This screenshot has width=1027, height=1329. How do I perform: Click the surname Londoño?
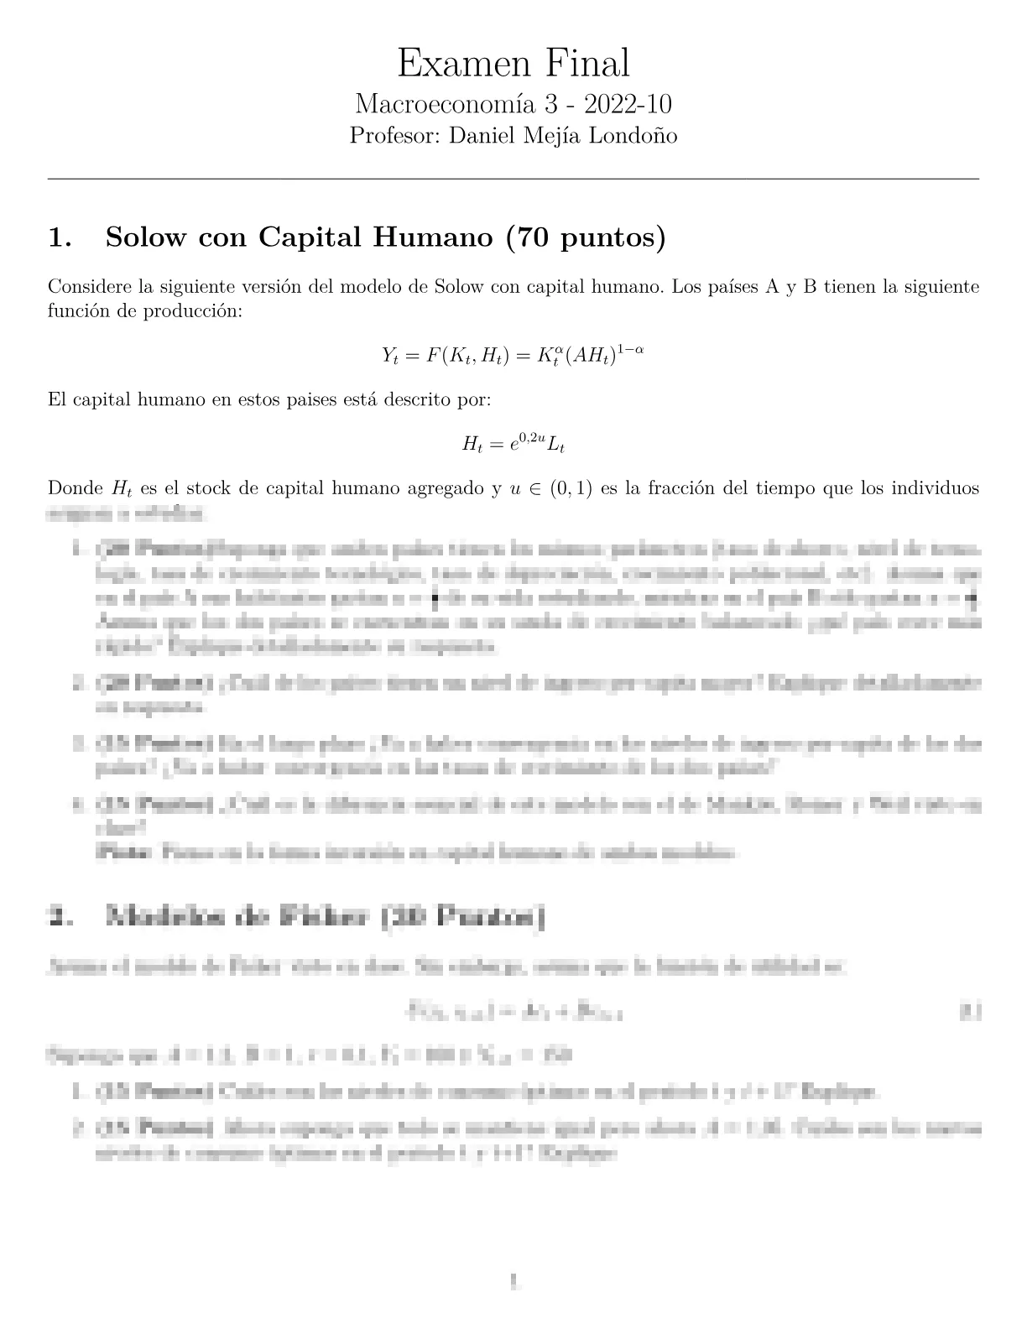(634, 135)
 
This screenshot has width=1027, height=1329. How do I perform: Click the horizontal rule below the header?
(513, 179)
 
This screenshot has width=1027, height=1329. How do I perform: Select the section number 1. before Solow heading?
(60, 238)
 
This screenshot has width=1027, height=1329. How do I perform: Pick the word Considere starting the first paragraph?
(88, 287)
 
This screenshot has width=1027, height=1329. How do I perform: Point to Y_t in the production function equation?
(389, 356)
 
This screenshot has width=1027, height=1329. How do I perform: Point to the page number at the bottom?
(513, 1281)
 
